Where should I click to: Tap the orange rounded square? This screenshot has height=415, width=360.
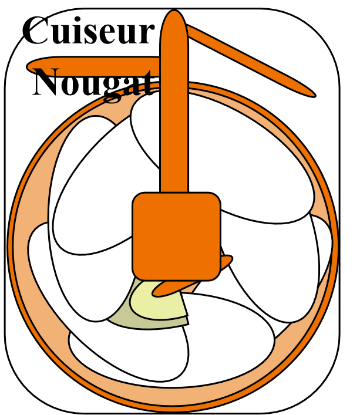(176, 237)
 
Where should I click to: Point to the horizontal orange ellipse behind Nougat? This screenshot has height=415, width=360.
(93, 66)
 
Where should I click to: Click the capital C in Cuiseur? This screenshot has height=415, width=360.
(35, 31)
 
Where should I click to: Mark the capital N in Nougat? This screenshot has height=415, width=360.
(46, 82)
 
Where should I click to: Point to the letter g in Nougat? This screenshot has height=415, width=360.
(113, 89)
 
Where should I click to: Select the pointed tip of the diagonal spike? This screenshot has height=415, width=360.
(315, 96)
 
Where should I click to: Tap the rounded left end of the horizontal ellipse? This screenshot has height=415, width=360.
(28, 66)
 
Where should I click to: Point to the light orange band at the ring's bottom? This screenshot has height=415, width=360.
(172, 397)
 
